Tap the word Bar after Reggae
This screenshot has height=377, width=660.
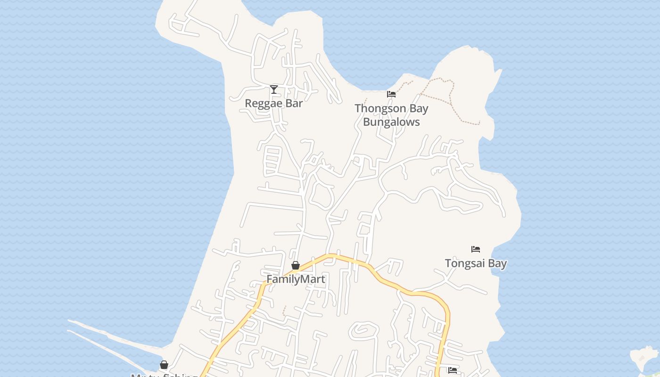tap(294, 103)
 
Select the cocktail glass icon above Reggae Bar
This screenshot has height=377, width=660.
tap(274, 89)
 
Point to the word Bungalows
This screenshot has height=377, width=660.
tap(391, 122)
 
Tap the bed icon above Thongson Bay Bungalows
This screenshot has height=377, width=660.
tap(391, 94)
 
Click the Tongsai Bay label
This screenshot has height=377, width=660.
tap(476, 263)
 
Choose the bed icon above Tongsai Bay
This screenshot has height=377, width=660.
tap(476, 249)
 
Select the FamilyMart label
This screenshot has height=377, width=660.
tap(296, 279)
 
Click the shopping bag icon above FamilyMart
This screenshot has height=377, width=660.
tap(296, 266)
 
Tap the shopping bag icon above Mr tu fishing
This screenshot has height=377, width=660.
tap(164, 365)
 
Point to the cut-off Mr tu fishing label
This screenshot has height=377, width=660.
tap(164, 375)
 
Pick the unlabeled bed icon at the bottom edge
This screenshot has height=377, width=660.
tap(453, 370)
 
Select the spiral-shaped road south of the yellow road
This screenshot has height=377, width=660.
tap(363, 331)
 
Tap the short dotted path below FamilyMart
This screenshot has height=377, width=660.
tap(284, 311)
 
